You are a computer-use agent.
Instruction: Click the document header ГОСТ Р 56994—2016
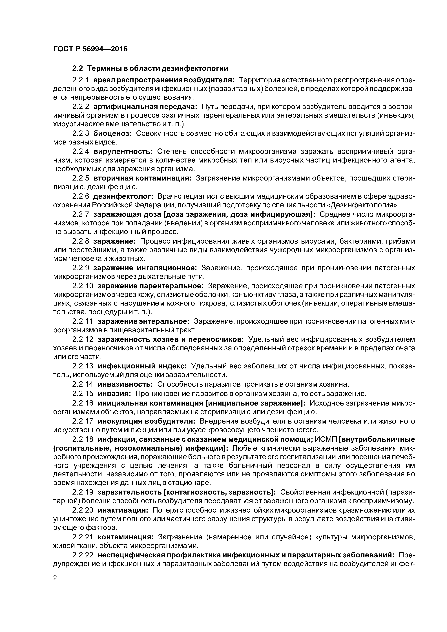(x=90, y=49)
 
